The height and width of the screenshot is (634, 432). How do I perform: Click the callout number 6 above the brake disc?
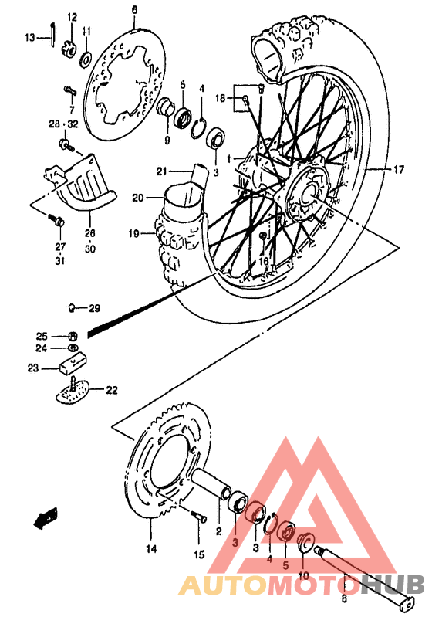coord(133,9)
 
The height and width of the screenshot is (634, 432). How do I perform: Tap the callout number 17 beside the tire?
coord(398,168)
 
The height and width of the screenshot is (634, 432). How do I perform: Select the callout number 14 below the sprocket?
coord(150,549)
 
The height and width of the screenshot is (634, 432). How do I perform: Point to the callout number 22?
coord(112,390)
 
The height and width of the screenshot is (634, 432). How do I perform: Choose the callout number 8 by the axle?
coord(344,597)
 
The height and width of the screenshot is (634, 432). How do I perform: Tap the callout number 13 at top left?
coord(30,36)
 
